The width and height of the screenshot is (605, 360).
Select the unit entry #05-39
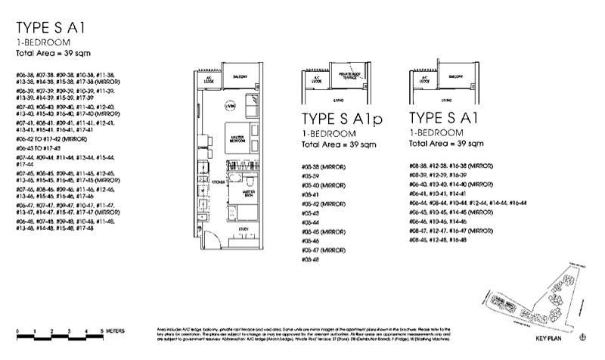tap(311, 175)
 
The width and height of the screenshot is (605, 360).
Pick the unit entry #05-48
tap(311, 259)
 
